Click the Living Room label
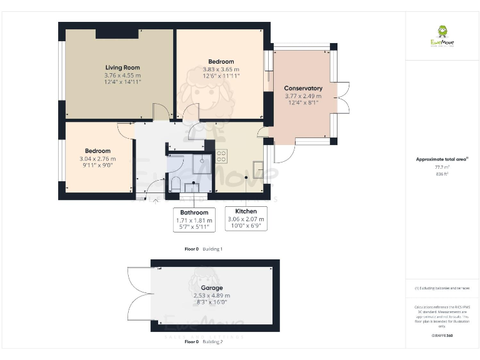122,67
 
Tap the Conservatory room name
302,89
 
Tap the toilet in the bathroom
176,184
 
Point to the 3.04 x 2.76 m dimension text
97,159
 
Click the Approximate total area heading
441,159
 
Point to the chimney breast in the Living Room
117,34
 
